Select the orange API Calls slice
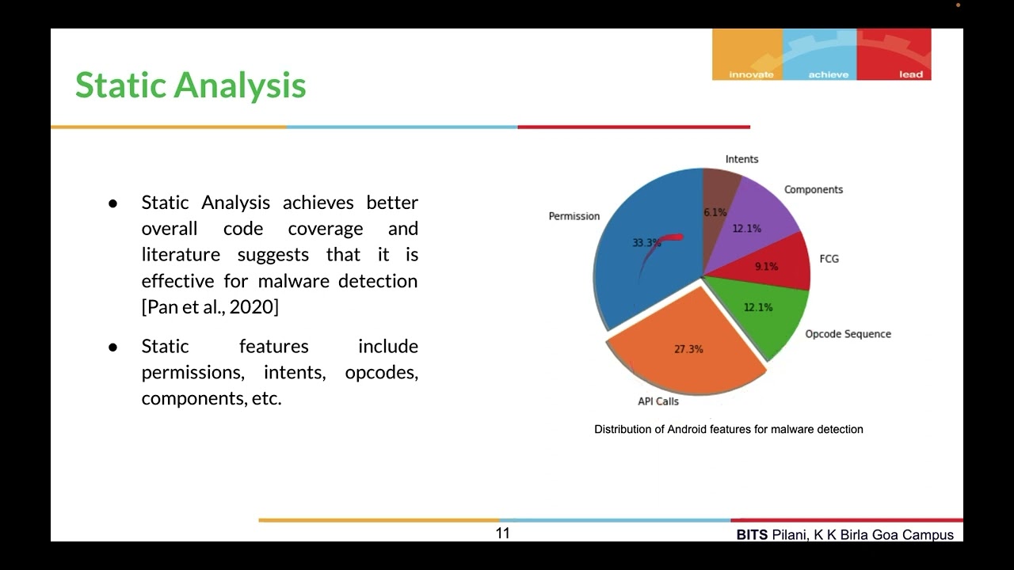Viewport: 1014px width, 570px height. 681,364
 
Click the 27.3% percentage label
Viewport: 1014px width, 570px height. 688,349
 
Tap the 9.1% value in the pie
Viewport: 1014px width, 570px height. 766,267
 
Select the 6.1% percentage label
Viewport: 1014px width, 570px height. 715,213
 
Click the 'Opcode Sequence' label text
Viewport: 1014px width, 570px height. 848,334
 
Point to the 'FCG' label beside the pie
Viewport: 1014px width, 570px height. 829,259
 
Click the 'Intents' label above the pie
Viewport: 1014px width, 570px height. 741,159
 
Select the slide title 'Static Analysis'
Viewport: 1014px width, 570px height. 190,85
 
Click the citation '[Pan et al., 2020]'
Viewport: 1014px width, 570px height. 210,307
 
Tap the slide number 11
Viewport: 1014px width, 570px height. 503,534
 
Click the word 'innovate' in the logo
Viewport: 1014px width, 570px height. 751,74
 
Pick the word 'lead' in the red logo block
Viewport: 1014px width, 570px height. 911,74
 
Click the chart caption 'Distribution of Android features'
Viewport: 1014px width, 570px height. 728,429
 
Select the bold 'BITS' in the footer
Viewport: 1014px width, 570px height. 752,535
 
